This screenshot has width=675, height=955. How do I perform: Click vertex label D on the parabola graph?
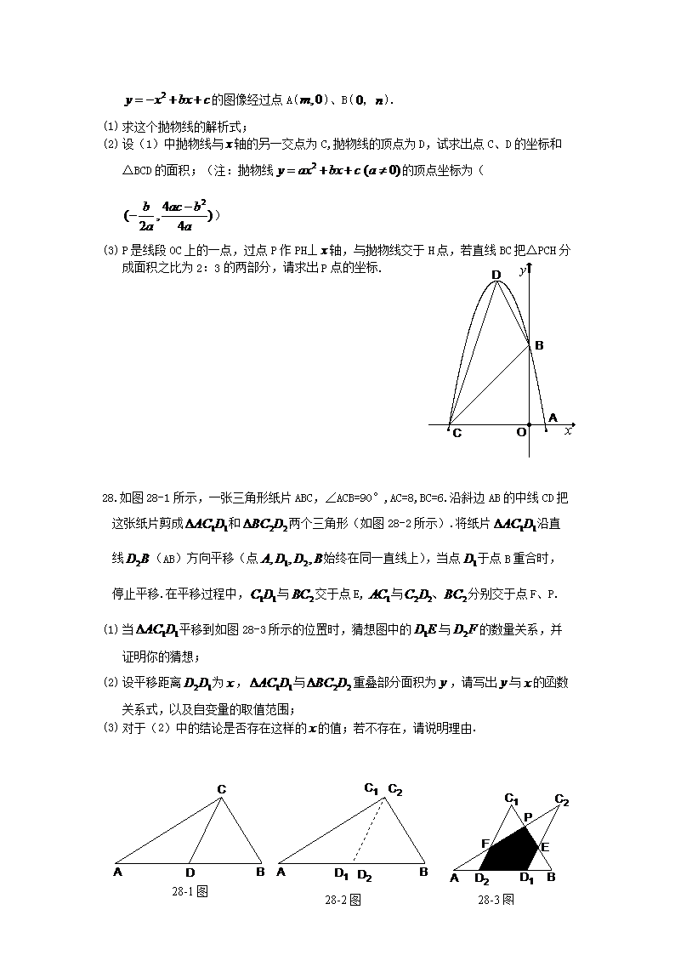click(x=496, y=275)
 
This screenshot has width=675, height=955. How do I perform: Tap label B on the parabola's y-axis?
click(x=539, y=345)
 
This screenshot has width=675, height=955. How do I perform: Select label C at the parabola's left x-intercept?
click(x=457, y=434)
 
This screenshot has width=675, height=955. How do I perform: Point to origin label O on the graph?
click(x=521, y=433)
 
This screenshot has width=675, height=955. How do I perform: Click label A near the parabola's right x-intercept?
click(x=553, y=418)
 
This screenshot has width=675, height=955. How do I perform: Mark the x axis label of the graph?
click(x=568, y=432)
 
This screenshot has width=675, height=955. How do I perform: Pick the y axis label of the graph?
click(x=520, y=270)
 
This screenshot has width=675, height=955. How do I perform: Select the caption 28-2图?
click(x=343, y=900)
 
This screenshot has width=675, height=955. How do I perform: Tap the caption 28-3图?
click(x=496, y=900)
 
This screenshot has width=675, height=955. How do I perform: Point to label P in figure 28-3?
click(x=527, y=816)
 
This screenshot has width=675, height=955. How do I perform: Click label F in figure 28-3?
click(x=485, y=844)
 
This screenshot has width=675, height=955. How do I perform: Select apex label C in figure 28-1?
click(x=221, y=789)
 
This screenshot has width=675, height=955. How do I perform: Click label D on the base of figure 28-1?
click(x=190, y=873)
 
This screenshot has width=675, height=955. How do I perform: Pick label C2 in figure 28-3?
click(x=561, y=799)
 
